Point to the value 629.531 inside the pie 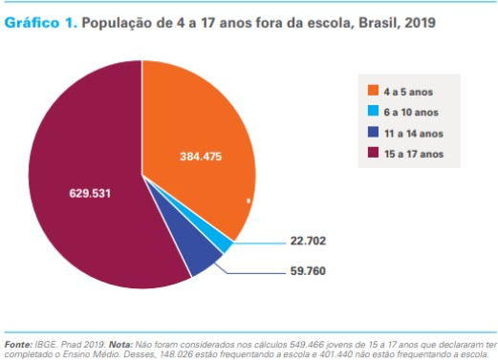(91, 192)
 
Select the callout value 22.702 (309, 240)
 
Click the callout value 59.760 (309, 270)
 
